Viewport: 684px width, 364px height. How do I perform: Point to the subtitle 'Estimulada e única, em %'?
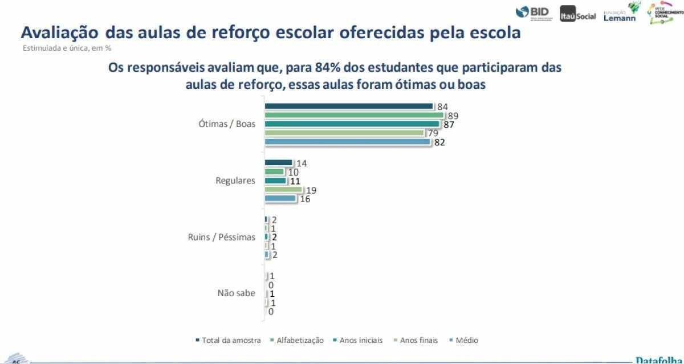click(67, 48)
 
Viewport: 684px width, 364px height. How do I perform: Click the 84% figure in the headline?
click(327, 68)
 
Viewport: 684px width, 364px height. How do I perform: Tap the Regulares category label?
click(235, 181)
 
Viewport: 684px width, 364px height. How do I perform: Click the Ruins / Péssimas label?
click(222, 237)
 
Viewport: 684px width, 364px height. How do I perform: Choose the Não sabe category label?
click(237, 293)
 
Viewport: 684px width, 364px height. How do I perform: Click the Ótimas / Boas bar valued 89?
click(354, 115)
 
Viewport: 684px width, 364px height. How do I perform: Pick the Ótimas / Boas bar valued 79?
click(344, 133)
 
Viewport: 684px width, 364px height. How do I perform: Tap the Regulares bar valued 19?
click(283, 190)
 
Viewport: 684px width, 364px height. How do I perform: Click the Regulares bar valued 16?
click(280, 198)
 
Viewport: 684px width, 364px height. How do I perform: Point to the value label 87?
click(449, 125)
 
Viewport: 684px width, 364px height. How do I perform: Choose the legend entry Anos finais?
click(418, 340)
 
